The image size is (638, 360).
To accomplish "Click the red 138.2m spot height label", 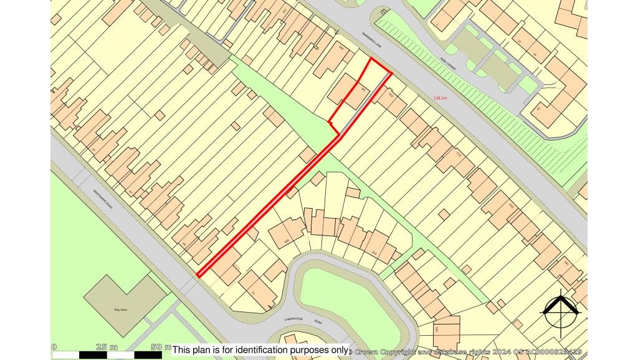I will [440, 98].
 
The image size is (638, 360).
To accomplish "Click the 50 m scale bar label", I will [161, 347].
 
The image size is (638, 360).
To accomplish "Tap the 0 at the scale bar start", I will [54, 347].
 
